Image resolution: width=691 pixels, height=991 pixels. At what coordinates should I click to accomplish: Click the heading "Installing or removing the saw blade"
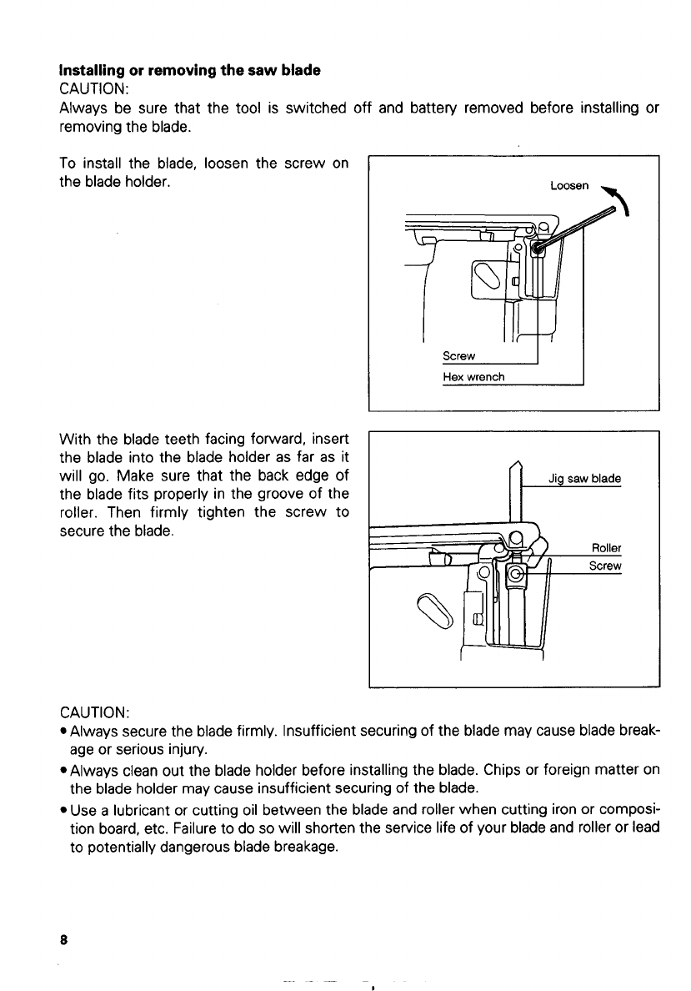tap(190, 70)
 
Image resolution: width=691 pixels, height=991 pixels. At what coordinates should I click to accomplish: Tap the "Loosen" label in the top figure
tap(570, 186)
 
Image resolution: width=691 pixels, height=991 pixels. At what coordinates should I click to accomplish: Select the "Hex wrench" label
tap(473, 377)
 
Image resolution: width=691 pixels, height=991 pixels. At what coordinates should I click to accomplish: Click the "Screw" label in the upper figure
tap(458, 356)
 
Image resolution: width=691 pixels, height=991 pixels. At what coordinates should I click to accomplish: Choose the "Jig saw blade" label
tap(584, 479)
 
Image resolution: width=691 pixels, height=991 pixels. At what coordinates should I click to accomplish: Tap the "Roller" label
tap(606, 548)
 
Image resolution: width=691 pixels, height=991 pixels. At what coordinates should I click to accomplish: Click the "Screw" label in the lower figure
tap(605, 566)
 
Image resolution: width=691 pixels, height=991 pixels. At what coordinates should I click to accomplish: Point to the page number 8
tap(63, 938)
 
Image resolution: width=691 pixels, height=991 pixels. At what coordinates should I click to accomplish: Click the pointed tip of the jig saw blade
tap(516, 464)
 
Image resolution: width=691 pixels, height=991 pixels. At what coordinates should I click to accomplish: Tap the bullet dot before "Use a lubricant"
tap(63, 807)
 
